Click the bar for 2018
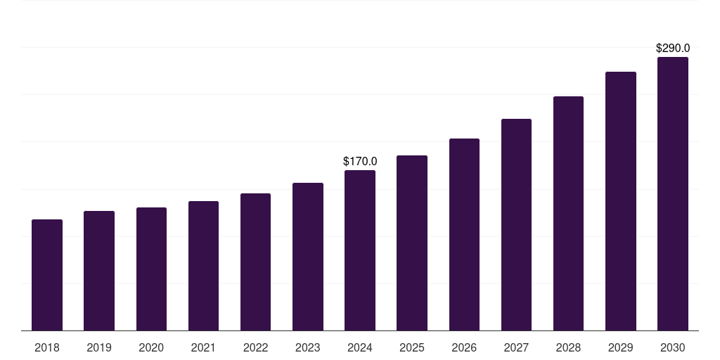pos(47,275)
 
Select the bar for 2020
pos(151,269)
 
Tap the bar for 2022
pos(255,262)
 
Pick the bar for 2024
pos(360,250)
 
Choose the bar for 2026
pos(464,235)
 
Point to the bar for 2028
pos(568,214)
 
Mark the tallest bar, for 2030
pos(673,194)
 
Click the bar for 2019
pos(99,271)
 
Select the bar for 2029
pos(621,201)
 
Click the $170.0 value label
pos(360,161)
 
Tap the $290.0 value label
pos(673,49)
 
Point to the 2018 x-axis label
pos(47,347)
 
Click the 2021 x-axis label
pos(203,347)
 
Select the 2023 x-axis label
pos(308,347)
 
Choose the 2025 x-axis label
pos(412,347)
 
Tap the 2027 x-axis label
pos(516,347)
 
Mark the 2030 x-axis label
pos(673,347)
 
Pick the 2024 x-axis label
pos(360,347)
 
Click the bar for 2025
pos(412,243)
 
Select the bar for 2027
pos(516,225)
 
